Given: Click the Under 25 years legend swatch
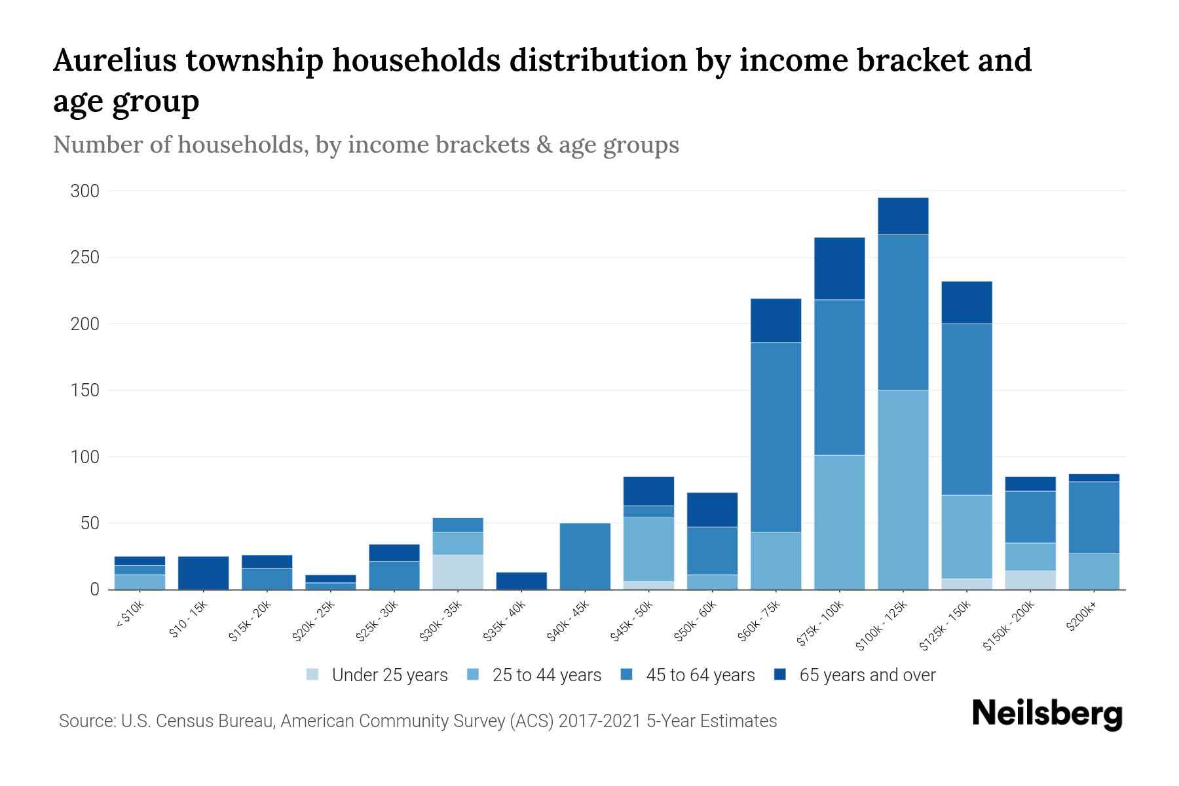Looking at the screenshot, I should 313,674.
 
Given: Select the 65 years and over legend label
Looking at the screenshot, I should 867,675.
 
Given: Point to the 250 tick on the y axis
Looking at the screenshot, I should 85,257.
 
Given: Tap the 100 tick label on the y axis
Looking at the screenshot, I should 85,457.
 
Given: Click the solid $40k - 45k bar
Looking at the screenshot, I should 585,556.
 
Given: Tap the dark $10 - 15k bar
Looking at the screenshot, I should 203,572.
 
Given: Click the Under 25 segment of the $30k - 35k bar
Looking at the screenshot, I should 458,572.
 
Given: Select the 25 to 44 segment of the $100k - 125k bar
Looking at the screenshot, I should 903,489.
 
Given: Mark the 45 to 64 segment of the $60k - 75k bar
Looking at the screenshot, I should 776,437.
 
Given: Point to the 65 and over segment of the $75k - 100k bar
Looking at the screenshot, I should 839,269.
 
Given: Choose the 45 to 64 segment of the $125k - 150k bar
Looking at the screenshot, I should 967,409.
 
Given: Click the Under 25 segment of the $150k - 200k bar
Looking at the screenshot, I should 1030,580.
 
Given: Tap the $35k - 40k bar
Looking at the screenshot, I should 521,580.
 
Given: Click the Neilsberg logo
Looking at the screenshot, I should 1047,713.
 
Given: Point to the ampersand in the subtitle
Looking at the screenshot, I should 544,145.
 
